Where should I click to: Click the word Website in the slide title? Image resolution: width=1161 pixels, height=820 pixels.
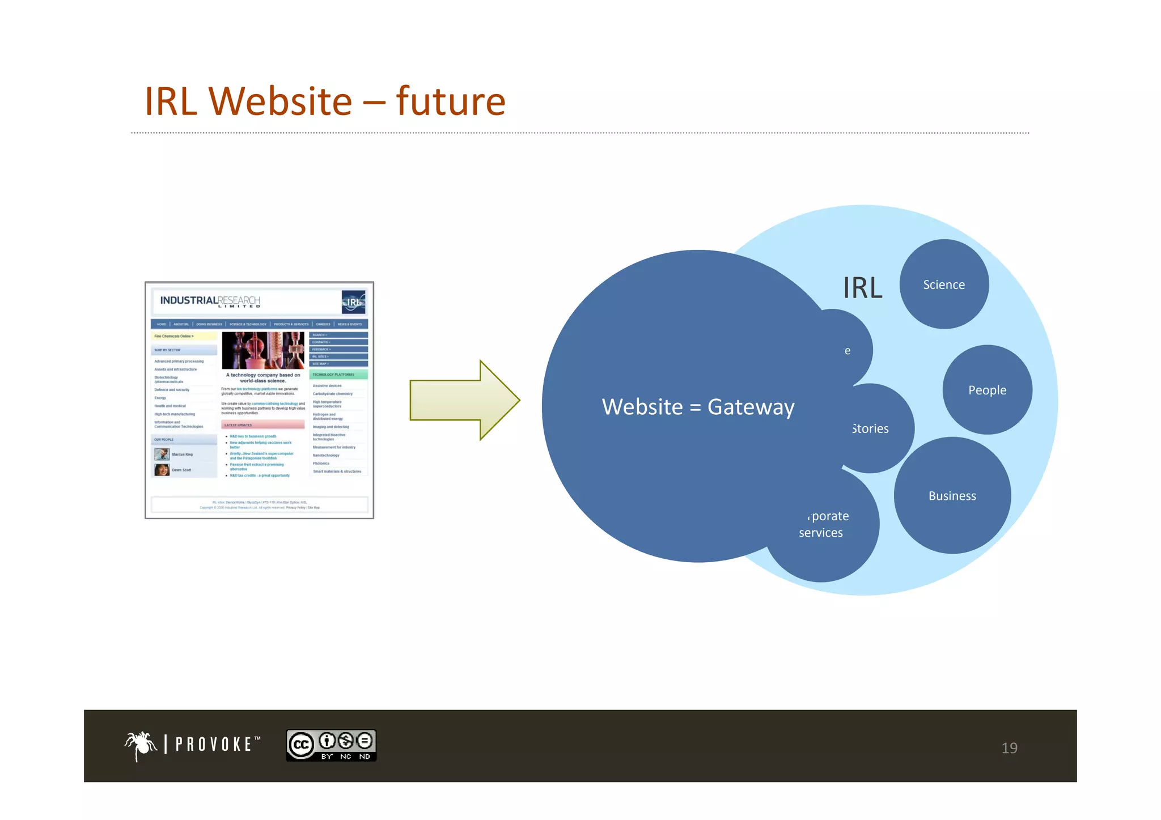[281, 102]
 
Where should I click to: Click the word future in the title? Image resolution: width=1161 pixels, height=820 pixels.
[450, 102]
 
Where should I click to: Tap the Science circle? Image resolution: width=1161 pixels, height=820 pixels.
[944, 284]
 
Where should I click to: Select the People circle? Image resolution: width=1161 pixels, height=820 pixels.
[987, 390]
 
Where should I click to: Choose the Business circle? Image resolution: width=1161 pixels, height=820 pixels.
[952, 496]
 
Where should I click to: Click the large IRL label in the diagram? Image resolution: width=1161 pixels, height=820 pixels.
[862, 288]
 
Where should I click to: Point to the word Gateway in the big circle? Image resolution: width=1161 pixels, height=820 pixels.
[751, 407]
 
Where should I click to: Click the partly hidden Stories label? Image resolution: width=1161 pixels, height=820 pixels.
[871, 429]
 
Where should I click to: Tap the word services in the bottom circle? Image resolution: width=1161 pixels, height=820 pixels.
[821, 533]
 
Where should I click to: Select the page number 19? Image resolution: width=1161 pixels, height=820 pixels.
[1009, 748]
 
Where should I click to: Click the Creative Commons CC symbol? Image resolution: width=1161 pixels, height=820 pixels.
[301, 745]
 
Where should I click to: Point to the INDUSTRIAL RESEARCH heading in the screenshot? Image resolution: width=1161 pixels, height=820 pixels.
[210, 301]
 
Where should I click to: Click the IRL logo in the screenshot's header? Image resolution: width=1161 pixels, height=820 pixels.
[353, 302]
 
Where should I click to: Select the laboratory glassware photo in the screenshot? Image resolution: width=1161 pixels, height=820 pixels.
[262, 350]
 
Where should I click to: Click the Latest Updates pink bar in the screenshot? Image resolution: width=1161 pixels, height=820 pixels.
[262, 425]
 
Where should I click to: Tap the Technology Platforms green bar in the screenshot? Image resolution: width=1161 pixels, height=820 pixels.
[338, 375]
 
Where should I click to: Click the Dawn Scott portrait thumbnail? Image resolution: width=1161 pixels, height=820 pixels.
[162, 470]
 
